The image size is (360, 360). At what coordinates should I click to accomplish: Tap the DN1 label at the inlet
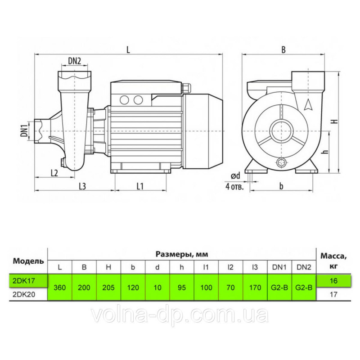tap(24, 130)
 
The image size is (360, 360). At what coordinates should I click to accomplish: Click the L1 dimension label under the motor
tap(140, 186)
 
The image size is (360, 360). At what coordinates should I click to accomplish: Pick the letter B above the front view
tap(283, 50)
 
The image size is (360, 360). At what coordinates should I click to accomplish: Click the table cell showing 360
tap(60, 287)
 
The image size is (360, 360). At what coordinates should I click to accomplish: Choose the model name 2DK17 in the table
tap(24, 280)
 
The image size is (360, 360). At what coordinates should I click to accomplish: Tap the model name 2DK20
tap(24, 295)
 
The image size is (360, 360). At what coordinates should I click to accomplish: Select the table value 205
tap(108, 287)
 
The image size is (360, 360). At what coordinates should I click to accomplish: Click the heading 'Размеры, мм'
tap(182, 254)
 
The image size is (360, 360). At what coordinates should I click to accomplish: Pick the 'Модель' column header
tap(28, 261)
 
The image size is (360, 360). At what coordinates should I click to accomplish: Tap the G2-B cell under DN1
tap(279, 287)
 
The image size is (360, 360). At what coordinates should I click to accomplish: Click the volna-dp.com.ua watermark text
tap(180, 315)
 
